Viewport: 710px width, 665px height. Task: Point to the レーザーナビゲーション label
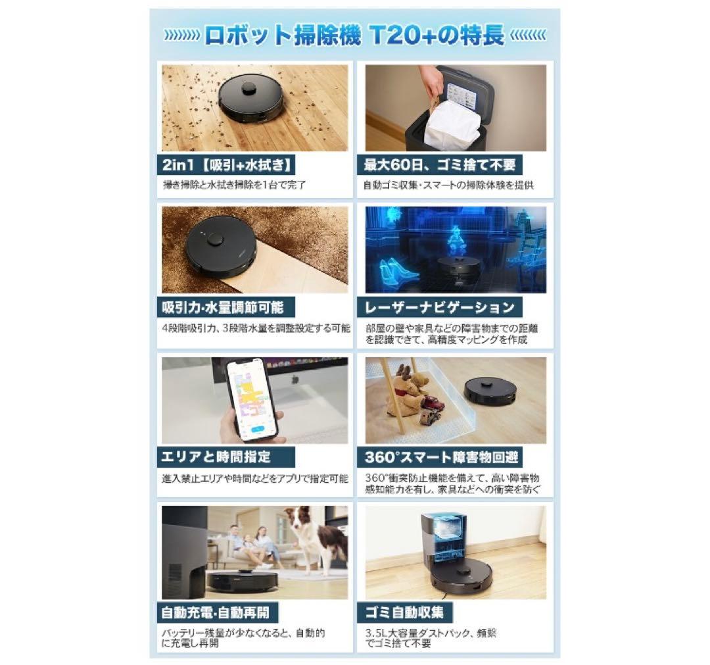pos(440,307)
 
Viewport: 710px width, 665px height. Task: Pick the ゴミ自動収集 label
pos(408,612)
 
